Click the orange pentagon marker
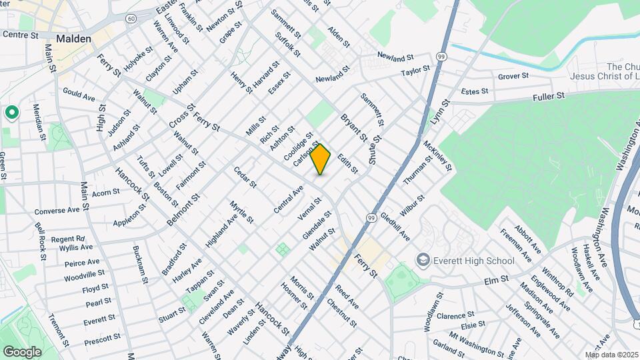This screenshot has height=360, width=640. click(x=321, y=159)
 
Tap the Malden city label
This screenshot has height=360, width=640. click(x=73, y=39)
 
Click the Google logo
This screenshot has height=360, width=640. click(x=22, y=351)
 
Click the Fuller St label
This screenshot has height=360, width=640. click(x=548, y=97)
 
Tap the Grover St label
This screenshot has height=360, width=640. click(x=513, y=77)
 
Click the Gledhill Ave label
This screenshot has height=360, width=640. click(x=395, y=228)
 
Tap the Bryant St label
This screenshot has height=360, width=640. click(x=354, y=127)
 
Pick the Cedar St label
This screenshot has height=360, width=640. click(x=245, y=177)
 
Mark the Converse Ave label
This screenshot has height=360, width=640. click(x=57, y=210)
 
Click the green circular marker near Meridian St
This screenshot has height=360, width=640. click(x=11, y=113)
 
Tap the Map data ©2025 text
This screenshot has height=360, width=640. click(x=611, y=355)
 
